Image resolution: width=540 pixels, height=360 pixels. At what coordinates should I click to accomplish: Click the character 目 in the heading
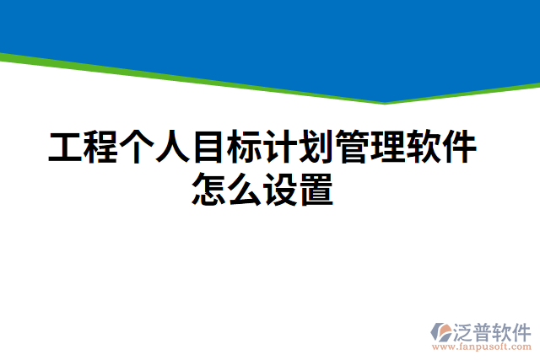(210, 148)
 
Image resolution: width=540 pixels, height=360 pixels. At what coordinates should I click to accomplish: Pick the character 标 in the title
(246, 148)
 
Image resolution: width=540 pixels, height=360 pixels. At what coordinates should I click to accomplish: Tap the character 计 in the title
(282, 148)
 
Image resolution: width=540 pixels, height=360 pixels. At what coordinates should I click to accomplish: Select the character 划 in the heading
(317, 148)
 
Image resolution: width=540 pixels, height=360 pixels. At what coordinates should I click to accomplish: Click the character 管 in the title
(354, 148)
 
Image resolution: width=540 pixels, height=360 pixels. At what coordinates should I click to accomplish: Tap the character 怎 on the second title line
(210, 189)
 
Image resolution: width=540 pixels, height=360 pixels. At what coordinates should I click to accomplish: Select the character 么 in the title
(246, 189)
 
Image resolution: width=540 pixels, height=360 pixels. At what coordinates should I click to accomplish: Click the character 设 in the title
(282, 189)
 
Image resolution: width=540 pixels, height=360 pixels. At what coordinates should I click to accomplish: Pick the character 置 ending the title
(317, 189)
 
